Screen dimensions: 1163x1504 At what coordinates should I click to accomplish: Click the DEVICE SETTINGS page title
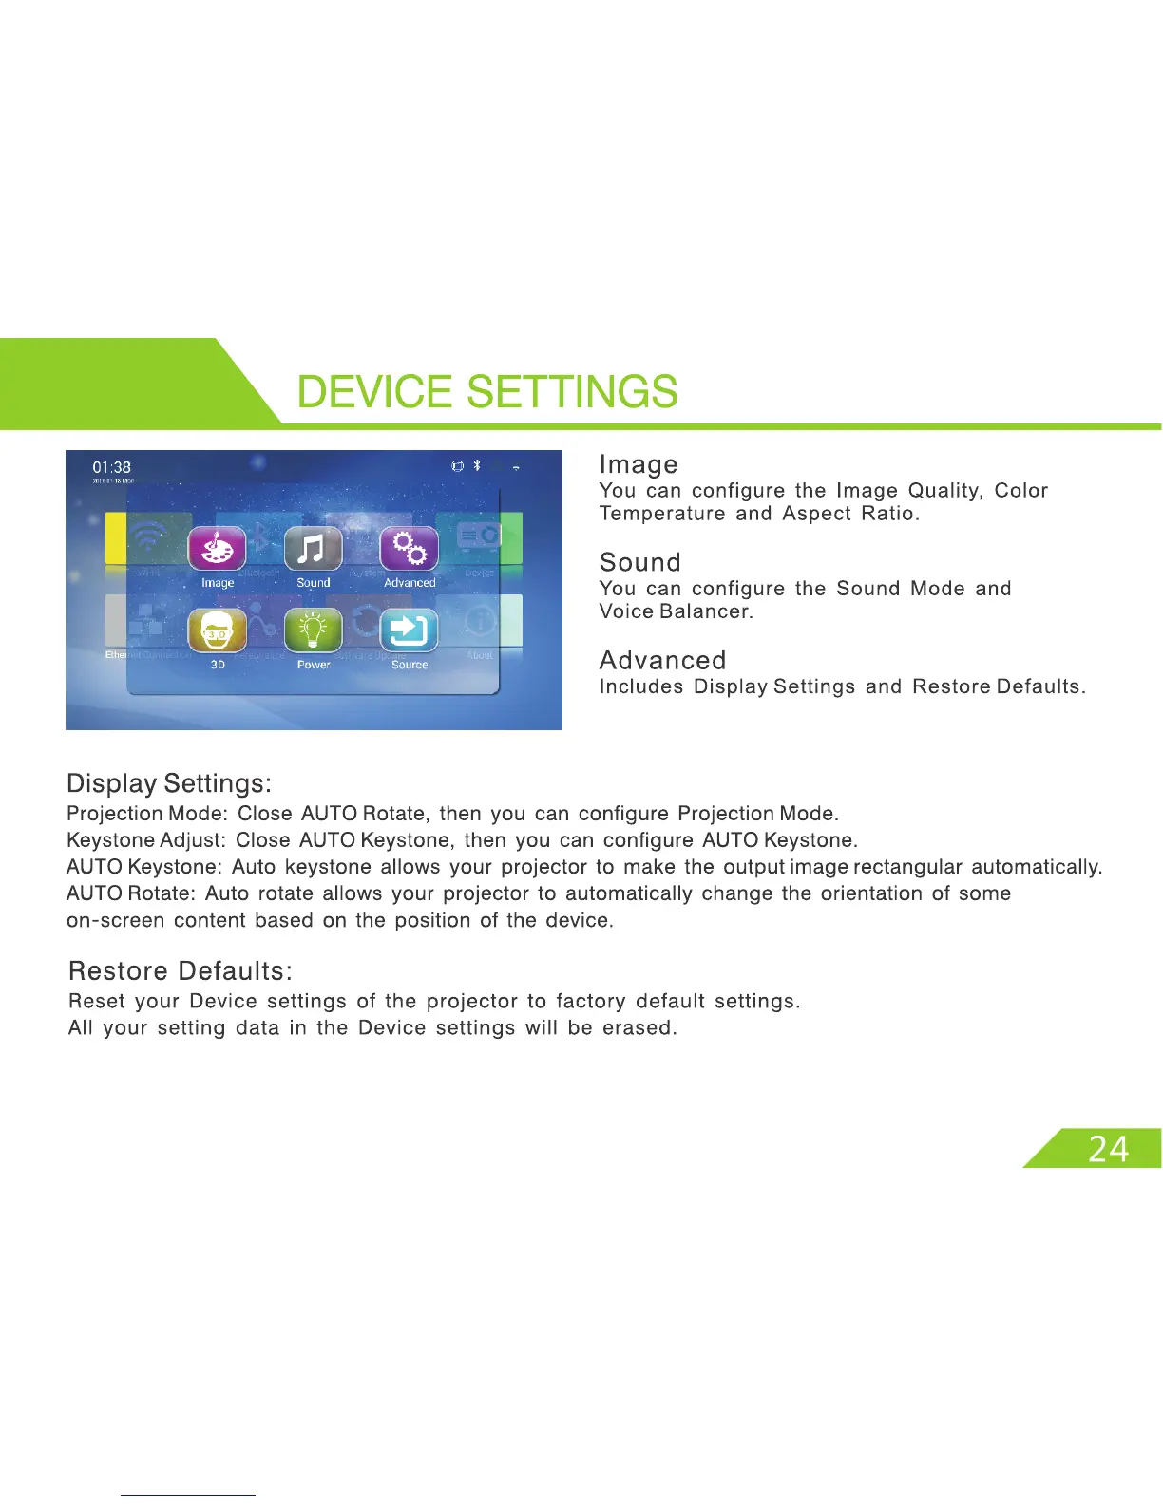(487, 392)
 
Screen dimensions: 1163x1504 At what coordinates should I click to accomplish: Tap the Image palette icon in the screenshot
(218, 549)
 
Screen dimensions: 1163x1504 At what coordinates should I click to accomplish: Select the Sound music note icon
(313, 549)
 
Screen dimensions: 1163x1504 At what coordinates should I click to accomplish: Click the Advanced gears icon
(410, 549)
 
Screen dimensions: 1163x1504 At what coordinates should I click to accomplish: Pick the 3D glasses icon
(218, 630)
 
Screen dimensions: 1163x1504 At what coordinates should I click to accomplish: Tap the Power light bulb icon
(314, 630)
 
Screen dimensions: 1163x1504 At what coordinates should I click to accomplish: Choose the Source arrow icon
(410, 630)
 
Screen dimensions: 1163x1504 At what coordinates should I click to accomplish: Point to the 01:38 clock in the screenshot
(111, 467)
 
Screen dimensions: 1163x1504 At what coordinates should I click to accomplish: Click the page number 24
(1108, 1150)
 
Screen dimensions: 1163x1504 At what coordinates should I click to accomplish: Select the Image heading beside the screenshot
(639, 464)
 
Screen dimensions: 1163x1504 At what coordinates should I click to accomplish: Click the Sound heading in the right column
(639, 562)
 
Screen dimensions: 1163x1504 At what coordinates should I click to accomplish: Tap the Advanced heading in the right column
(662, 660)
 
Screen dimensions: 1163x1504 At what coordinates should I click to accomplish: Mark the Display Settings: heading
(169, 783)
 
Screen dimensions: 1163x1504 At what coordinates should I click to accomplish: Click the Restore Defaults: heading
(181, 971)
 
